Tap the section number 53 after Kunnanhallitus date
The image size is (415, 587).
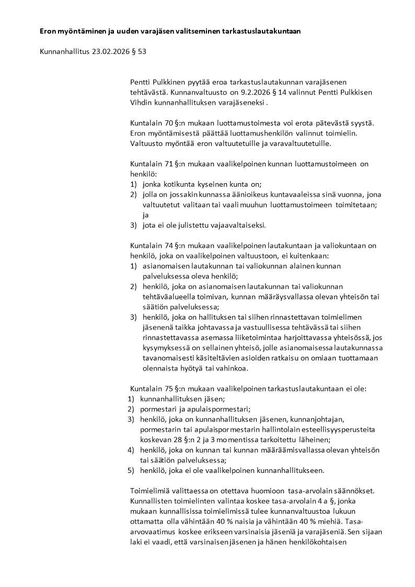click(141, 51)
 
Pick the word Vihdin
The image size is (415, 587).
click(140, 102)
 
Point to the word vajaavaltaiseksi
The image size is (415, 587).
click(238, 225)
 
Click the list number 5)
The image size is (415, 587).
click(131, 470)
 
